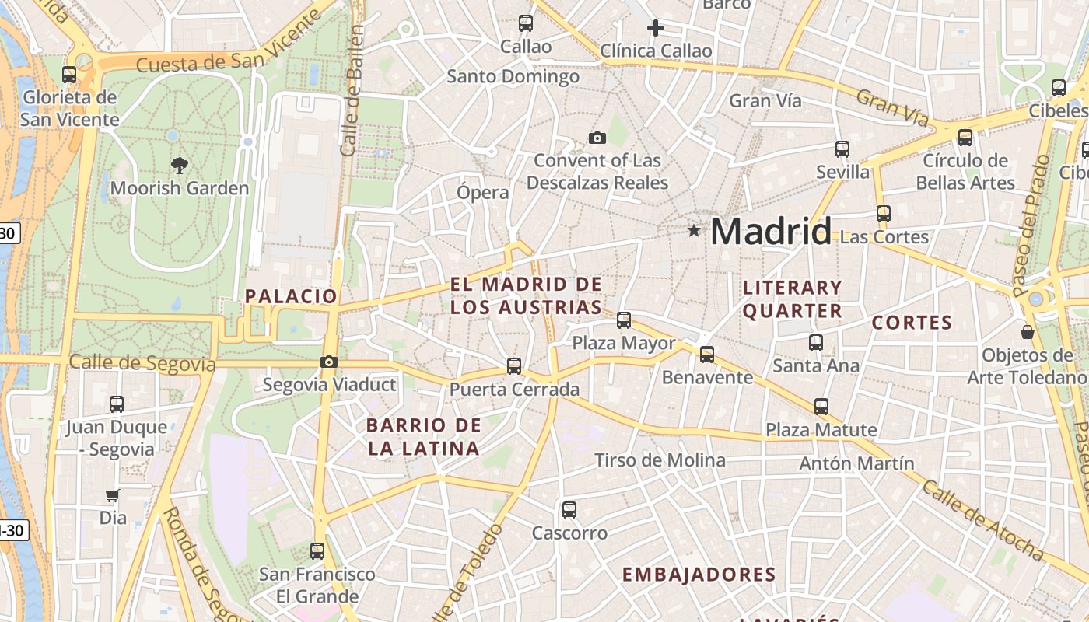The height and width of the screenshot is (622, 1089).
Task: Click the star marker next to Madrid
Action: click(x=694, y=231)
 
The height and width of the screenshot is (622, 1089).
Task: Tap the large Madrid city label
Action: click(x=770, y=232)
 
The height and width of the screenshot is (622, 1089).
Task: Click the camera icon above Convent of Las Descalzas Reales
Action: click(x=597, y=138)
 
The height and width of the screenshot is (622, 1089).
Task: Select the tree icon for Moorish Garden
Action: click(x=180, y=165)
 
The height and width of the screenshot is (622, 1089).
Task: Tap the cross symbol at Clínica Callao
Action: click(x=656, y=29)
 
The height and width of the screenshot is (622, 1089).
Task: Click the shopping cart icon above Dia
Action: click(x=113, y=495)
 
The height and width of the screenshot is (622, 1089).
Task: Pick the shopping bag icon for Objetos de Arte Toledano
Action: click(x=1028, y=332)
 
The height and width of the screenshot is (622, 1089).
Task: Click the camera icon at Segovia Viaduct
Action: click(x=329, y=362)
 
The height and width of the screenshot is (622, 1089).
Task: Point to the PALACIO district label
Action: click(x=292, y=296)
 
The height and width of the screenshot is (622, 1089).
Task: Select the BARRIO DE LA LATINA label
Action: click(x=424, y=437)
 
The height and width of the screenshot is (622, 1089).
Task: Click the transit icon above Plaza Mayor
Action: click(x=624, y=320)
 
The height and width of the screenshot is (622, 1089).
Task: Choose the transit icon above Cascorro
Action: click(x=569, y=510)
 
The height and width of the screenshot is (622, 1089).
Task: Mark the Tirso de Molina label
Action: click(x=660, y=460)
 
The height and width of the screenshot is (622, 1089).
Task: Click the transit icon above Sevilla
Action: click(x=842, y=149)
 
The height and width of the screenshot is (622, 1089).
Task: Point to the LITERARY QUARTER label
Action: click(x=792, y=299)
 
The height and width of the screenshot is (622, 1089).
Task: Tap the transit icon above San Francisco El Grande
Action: click(x=317, y=551)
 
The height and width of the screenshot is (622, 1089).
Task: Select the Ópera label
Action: click(x=483, y=192)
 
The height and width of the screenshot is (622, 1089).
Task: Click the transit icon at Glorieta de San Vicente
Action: click(x=69, y=75)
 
